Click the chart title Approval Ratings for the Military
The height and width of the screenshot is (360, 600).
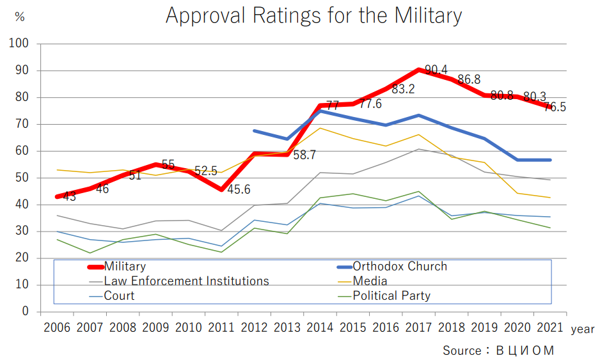pyautogui.click(x=313, y=16)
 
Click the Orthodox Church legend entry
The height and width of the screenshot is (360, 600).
pyautogui.click(x=400, y=267)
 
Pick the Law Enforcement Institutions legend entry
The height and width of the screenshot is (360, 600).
pyautogui.click(x=186, y=281)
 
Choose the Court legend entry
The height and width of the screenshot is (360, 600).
pyautogui.click(x=119, y=296)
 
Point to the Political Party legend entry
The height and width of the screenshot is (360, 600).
pyautogui.click(x=391, y=296)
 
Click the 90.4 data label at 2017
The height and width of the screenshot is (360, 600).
pyautogui.click(x=436, y=70)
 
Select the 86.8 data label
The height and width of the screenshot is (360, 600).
pyautogui.click(x=469, y=80)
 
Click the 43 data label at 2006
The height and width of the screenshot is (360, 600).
pyautogui.click(x=70, y=197)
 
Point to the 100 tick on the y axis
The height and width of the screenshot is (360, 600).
pyautogui.click(x=19, y=44)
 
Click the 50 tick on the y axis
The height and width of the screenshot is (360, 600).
pyautogui.click(x=23, y=178)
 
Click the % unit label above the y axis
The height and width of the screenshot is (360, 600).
pyautogui.click(x=20, y=17)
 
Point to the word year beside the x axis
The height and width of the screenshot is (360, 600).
pyautogui.click(x=583, y=329)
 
